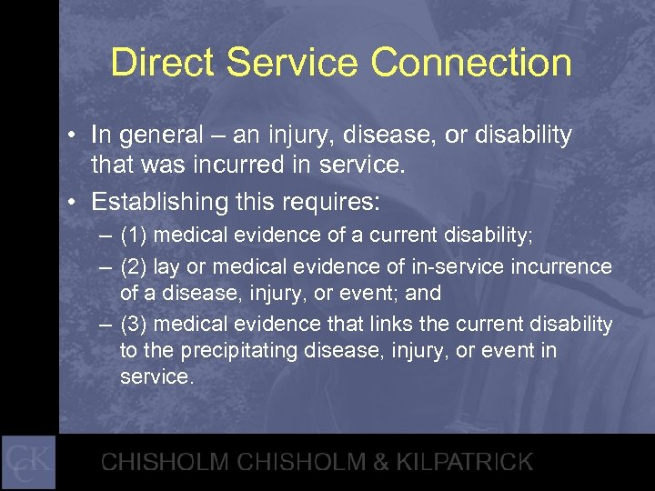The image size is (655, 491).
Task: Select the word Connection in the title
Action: click(471, 64)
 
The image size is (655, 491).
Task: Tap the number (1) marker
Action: click(135, 235)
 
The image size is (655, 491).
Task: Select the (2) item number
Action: click(135, 267)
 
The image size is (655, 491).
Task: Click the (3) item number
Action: click(135, 325)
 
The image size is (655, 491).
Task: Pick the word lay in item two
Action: click(166, 267)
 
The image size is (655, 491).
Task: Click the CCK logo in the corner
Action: click(28, 462)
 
